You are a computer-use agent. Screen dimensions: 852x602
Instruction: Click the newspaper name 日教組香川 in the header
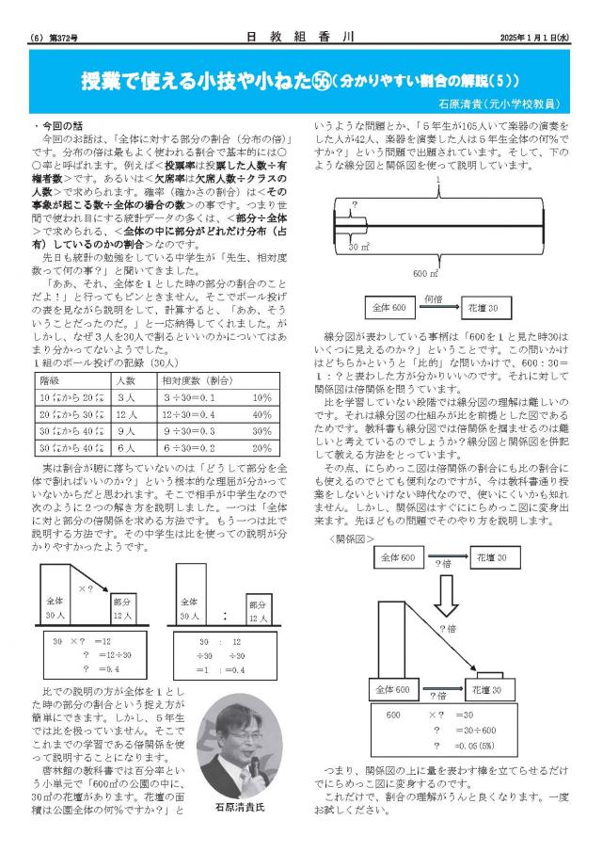pyautogui.click(x=300, y=38)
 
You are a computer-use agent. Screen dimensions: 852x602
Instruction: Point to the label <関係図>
pyautogui.click(x=352, y=539)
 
